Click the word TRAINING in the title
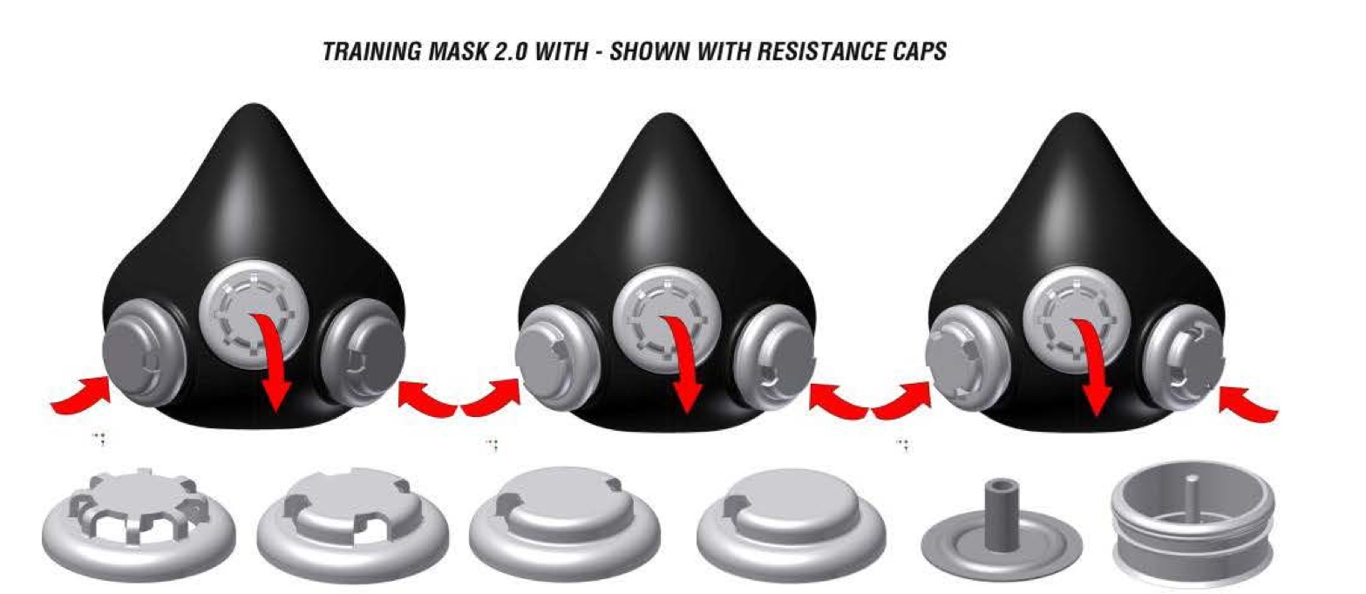(372, 51)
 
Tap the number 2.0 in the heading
(510, 51)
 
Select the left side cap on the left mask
(144, 355)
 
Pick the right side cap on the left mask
(364, 353)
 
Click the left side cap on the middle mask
(557, 360)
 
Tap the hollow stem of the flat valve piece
(1000, 513)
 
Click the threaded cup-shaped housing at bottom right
(1192, 518)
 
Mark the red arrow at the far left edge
(80, 396)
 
